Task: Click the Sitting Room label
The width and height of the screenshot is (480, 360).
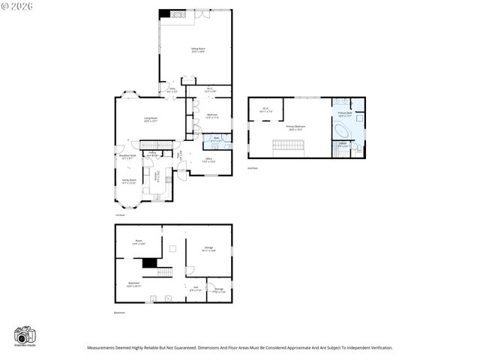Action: tap(198, 49)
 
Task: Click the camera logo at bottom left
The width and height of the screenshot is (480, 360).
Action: tap(25, 336)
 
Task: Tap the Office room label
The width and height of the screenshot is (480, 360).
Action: tap(209, 159)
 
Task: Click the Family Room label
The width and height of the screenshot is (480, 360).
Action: tap(130, 180)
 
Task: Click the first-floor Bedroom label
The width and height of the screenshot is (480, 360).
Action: tap(211, 115)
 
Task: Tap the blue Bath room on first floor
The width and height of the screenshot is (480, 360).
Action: tap(216, 139)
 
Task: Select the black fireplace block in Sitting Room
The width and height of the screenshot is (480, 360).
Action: tap(175, 14)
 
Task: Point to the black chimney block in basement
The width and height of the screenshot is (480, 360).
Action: tap(150, 262)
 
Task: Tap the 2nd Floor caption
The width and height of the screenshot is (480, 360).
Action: tap(253, 169)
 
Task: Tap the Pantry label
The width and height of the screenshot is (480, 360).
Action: tap(152, 153)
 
